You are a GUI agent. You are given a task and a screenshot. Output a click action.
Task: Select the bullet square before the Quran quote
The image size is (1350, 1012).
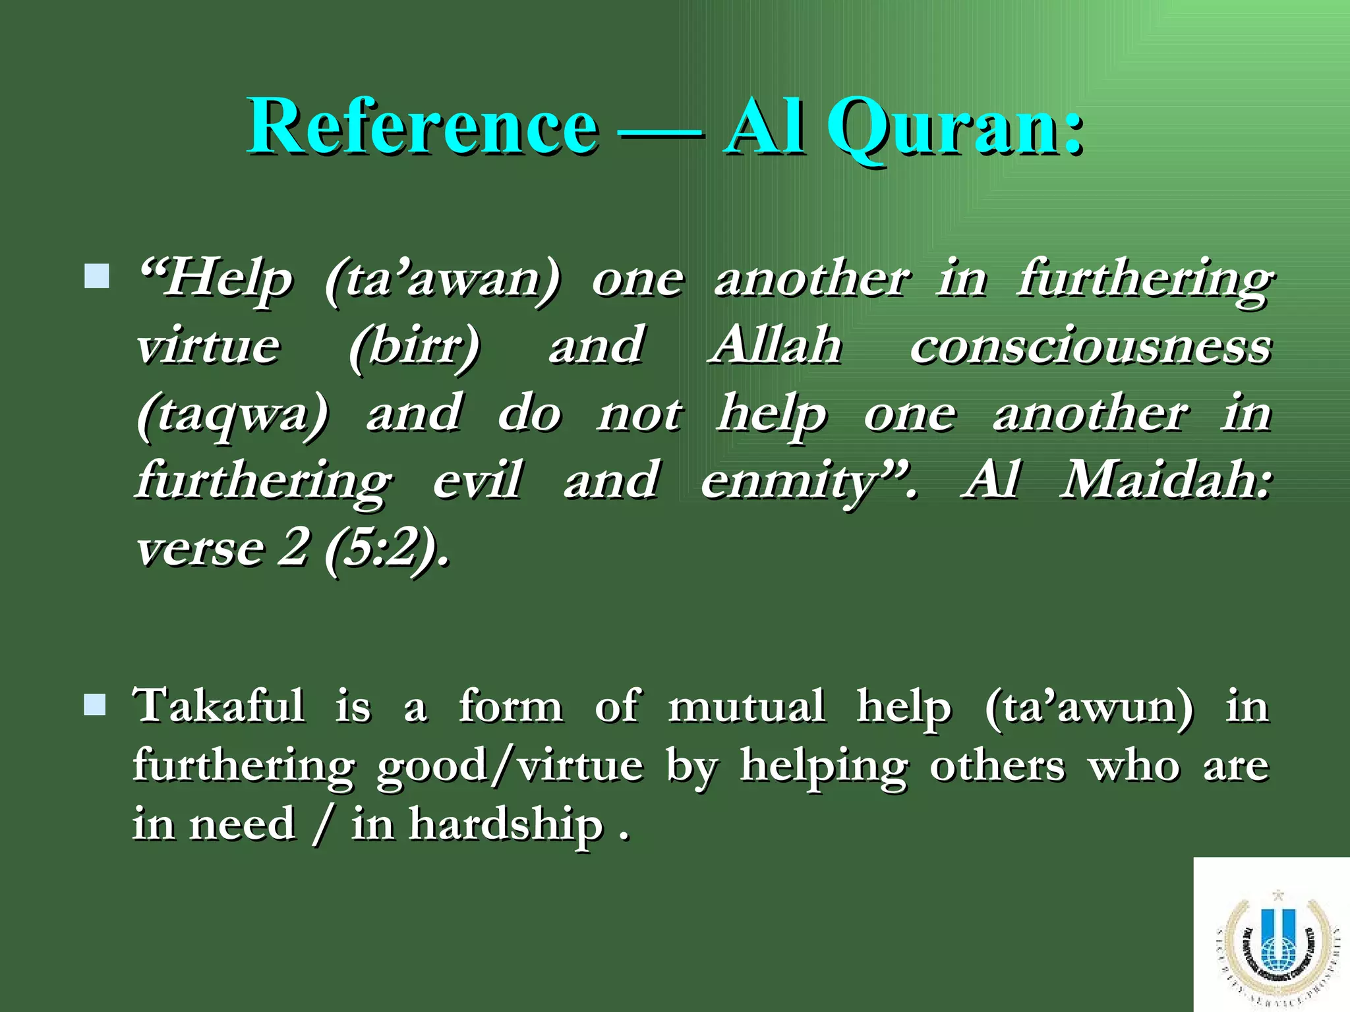pyautogui.click(x=97, y=276)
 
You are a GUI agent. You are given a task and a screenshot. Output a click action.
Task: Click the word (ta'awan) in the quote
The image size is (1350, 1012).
pyautogui.click(x=442, y=279)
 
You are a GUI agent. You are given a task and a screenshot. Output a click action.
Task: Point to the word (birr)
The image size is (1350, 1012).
pyautogui.click(x=415, y=347)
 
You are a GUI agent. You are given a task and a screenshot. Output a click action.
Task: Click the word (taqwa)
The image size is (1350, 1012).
pyautogui.click(x=232, y=415)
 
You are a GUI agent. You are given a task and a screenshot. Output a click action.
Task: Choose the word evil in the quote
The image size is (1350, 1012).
pyautogui.click(x=478, y=480)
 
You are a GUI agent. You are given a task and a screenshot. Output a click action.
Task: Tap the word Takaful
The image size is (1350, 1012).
pyautogui.click(x=219, y=706)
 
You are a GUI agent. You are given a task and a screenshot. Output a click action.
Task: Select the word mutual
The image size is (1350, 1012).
pyautogui.click(x=746, y=706)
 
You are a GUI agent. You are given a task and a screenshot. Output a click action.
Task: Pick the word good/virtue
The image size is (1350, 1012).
pyautogui.click(x=510, y=766)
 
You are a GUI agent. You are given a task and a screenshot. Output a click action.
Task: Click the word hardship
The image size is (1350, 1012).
pyautogui.click(x=506, y=825)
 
